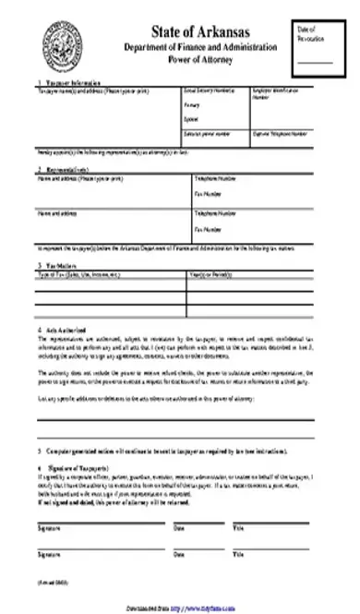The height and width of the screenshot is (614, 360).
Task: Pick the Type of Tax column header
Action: (x=73, y=274)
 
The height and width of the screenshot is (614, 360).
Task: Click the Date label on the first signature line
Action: (x=176, y=527)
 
